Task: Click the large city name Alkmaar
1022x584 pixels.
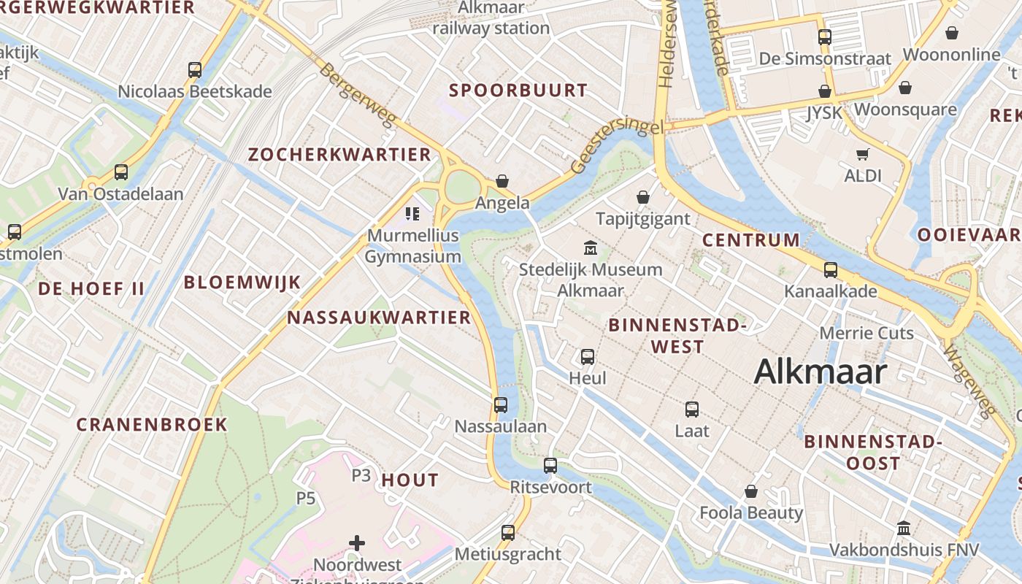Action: pos(820,372)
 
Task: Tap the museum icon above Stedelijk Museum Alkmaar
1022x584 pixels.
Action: pos(590,248)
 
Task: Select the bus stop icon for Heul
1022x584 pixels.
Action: pos(588,357)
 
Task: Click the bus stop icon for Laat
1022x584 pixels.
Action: pos(692,410)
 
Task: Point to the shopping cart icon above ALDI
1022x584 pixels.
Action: pos(863,154)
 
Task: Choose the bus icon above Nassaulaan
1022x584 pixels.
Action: pos(501,405)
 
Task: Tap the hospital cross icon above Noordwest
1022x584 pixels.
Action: pos(357,543)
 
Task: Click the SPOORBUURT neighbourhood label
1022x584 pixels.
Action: pos(518,91)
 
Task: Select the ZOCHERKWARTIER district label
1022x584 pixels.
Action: pos(339,155)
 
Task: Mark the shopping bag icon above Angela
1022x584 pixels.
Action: pos(502,181)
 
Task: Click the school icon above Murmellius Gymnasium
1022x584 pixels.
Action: pos(412,214)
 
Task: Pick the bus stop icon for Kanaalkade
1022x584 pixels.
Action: pos(831,270)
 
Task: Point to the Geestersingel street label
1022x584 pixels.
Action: pos(617,146)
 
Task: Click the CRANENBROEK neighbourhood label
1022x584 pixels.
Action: pos(152,425)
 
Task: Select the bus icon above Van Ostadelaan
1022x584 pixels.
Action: pos(121,173)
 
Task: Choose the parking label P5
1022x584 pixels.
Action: pos(306,499)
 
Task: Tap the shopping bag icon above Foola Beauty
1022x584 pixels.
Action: pos(751,491)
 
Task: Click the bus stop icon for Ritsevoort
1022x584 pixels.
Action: pos(550,465)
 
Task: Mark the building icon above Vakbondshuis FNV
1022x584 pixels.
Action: pos(904,528)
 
